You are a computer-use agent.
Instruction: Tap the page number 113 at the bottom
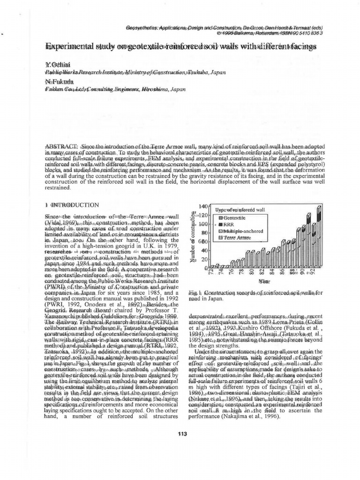pyautogui.click(x=182, y=433)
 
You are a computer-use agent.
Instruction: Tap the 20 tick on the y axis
pyautogui.click(x=204, y=259)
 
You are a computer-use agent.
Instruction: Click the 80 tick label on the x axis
pyautogui.click(x=251, y=272)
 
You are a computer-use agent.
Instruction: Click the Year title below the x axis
pyautogui.click(x=265, y=281)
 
